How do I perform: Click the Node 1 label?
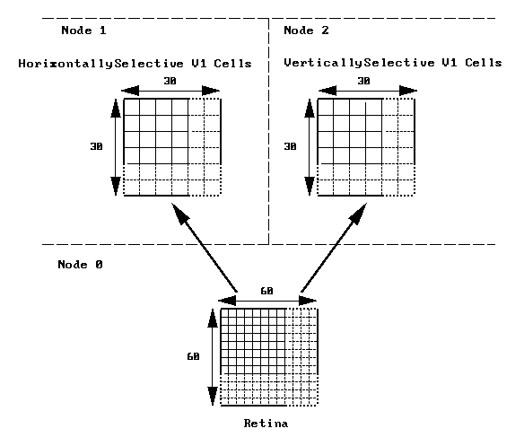point(83,31)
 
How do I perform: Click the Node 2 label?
point(306,31)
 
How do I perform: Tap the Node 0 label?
point(80,265)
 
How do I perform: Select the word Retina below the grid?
point(266,424)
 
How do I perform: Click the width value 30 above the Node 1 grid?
point(170,81)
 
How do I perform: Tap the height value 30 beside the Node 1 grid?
point(96,146)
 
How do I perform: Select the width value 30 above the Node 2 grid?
point(363,81)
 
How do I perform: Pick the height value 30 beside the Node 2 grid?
point(290,146)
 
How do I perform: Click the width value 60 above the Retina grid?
point(266,292)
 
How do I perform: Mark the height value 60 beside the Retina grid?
point(193,357)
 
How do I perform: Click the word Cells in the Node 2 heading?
point(484,63)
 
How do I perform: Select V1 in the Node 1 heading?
point(199,64)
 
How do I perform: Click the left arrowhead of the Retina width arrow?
point(227,301)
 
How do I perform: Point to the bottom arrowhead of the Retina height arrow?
point(213,396)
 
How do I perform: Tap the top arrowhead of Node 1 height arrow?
point(116,109)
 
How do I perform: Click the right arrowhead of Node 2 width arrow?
point(408,91)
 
